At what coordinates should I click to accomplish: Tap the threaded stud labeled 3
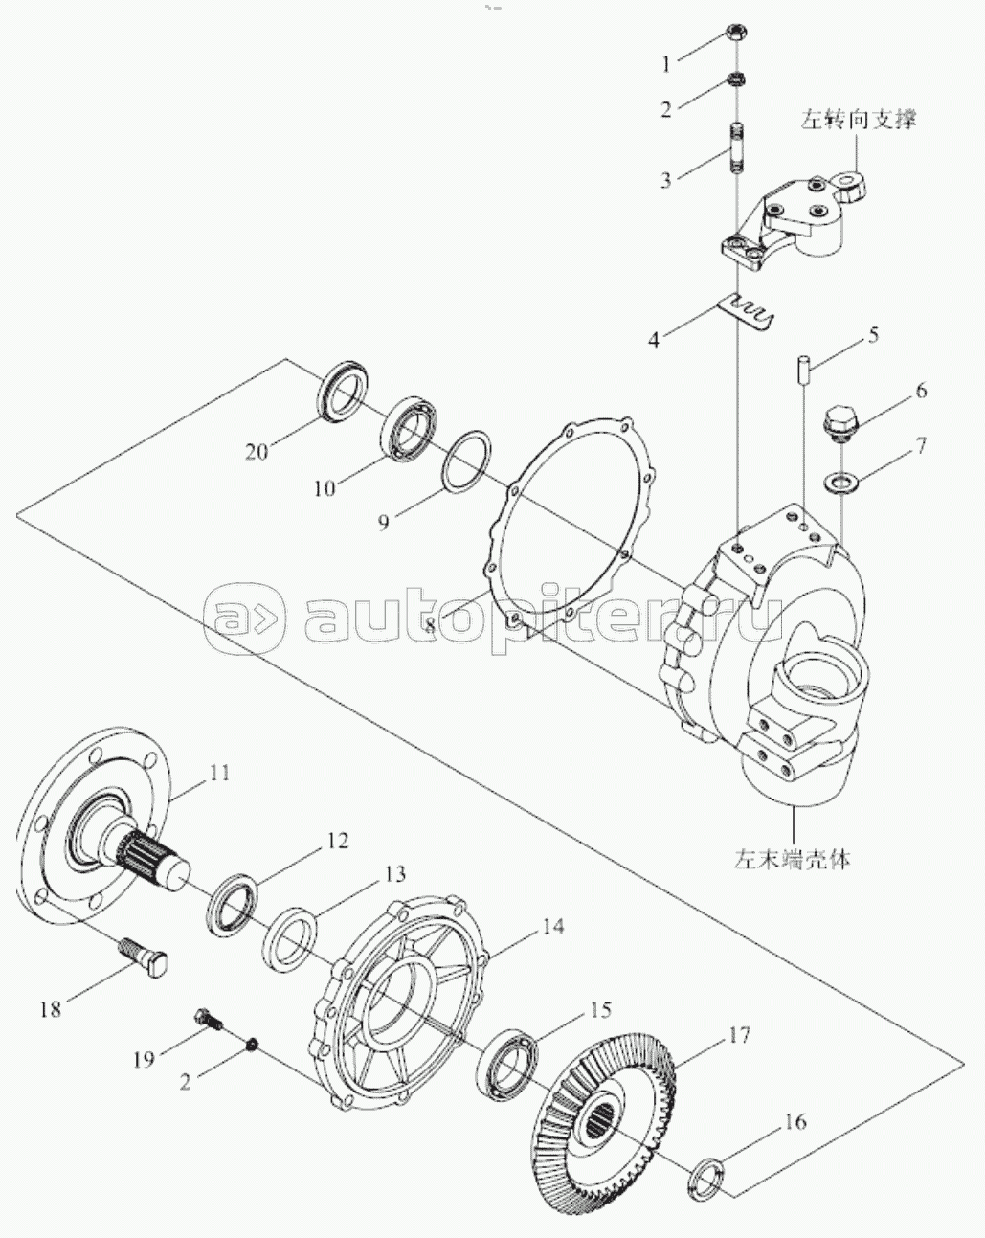pyautogui.click(x=737, y=147)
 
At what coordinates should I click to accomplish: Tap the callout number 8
pyautogui.click(x=430, y=624)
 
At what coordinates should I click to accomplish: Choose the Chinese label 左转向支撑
pyautogui.click(x=858, y=120)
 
